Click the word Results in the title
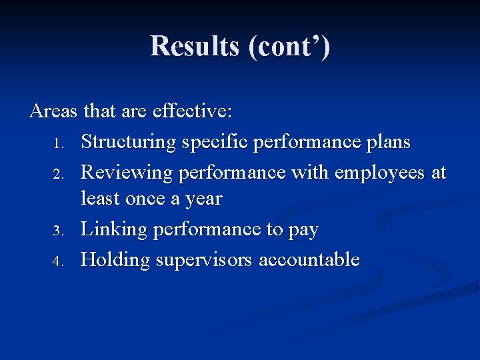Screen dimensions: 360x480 point(194,46)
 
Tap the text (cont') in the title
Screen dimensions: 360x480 point(289,47)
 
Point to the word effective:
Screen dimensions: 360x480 point(192,111)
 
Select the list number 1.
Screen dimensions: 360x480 point(59,143)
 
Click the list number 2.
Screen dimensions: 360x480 point(59,174)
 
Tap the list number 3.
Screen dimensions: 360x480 point(59,231)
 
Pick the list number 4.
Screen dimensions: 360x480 point(59,261)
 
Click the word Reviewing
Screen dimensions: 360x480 point(125,172)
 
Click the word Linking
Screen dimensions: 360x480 point(114,229)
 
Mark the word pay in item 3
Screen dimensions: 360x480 point(303,231)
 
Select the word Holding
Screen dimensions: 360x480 point(115,259)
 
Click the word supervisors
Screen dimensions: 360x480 point(204,260)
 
